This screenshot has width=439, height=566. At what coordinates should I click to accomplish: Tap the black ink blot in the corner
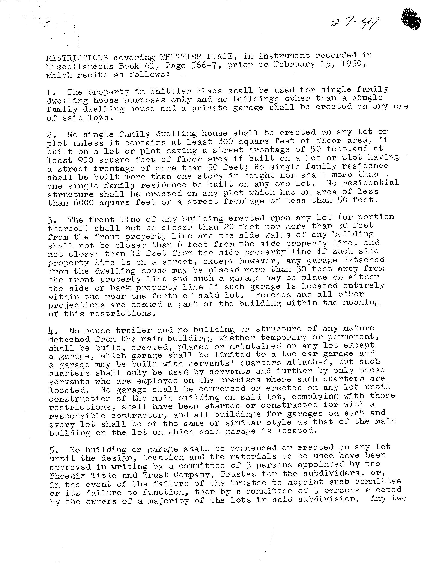[410, 19]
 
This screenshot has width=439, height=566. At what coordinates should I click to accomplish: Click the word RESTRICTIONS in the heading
[77, 57]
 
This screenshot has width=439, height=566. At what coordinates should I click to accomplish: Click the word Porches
[273, 295]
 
